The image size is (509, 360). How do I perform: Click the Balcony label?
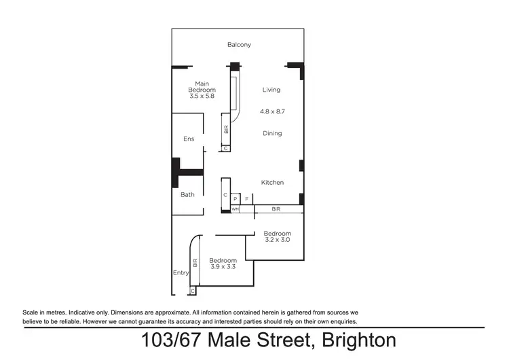click(x=239, y=45)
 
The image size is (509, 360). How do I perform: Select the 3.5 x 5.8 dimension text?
click(x=202, y=96)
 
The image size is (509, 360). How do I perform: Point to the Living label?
click(x=271, y=90)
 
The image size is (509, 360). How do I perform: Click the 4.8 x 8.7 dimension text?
click(x=272, y=111)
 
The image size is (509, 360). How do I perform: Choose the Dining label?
click(x=272, y=133)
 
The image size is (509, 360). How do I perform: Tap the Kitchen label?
click(x=273, y=182)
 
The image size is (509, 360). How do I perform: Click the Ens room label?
click(x=189, y=139)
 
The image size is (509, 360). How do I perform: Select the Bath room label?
click(x=187, y=194)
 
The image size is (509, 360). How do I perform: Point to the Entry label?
click(x=181, y=272)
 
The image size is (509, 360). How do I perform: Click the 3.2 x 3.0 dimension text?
click(x=277, y=240)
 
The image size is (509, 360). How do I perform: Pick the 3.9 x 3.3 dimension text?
click(x=223, y=267)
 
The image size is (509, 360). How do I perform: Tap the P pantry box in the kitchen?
click(x=235, y=198)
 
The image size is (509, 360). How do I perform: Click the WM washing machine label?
click(x=235, y=209)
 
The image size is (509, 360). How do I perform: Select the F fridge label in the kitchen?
click(x=246, y=198)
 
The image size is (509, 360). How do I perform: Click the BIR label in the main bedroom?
click(x=226, y=129)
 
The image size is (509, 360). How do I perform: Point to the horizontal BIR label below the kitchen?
click(x=276, y=209)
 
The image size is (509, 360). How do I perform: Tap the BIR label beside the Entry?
click(x=195, y=262)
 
